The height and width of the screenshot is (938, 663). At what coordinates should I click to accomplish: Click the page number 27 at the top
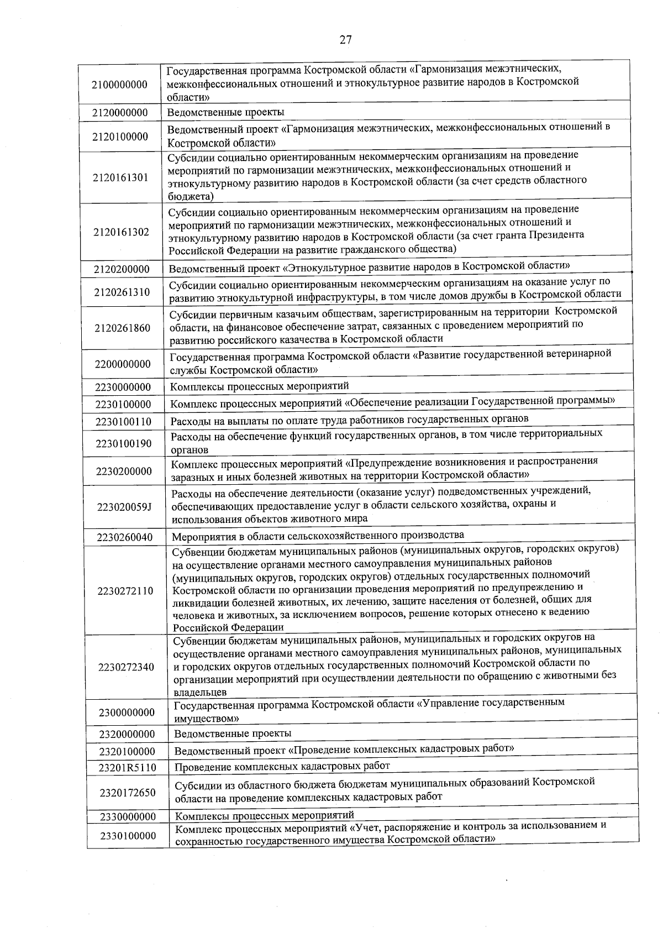345,40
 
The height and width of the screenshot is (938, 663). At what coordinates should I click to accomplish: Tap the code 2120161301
120,177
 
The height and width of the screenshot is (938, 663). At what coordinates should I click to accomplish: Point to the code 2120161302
121,232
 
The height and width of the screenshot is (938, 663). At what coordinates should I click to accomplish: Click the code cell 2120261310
122,292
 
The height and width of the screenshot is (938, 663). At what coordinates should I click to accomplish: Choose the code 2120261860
122,328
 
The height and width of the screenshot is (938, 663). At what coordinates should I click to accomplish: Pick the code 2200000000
123,364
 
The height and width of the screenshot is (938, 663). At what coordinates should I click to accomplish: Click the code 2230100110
123,421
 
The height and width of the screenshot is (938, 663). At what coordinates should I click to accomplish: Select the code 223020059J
124,507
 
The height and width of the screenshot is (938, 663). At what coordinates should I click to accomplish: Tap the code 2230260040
124,537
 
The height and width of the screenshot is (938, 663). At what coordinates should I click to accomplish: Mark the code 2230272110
125,591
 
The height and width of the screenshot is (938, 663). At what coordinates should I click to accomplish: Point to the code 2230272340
127,667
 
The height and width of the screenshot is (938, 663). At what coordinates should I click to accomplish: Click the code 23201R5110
128,768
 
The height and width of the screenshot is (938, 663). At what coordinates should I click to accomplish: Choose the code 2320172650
128,793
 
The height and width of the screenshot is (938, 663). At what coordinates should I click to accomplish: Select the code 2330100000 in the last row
128,836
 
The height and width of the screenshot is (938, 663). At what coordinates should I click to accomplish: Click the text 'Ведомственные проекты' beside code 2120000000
226,112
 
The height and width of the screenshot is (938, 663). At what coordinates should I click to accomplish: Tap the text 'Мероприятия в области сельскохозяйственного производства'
318,535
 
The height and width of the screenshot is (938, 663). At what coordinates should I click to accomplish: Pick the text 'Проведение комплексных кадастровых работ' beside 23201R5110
282,766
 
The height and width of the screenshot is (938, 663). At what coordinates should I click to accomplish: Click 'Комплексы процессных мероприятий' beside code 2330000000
265,815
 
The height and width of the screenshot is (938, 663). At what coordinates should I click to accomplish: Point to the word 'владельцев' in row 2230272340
200,692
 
